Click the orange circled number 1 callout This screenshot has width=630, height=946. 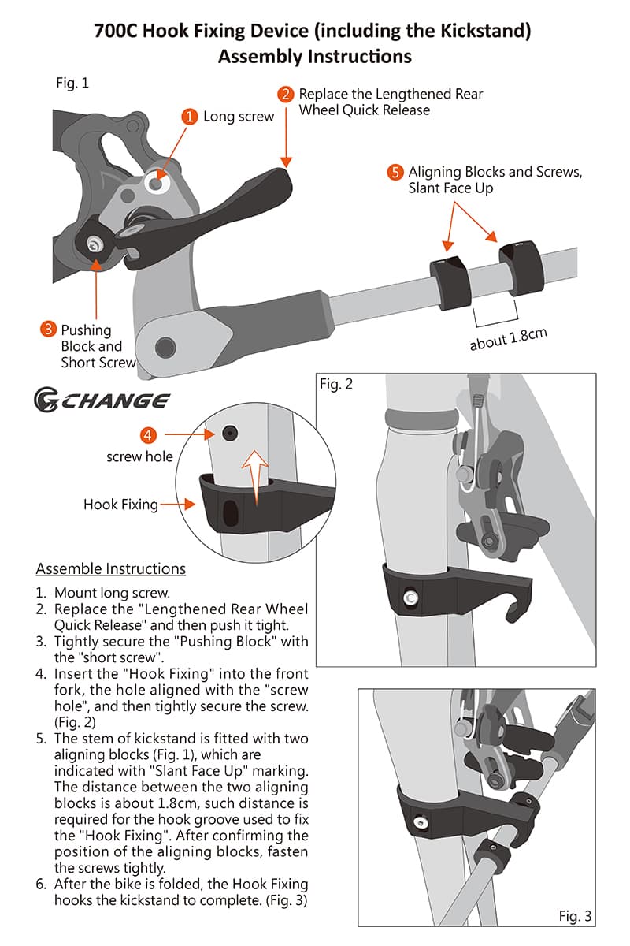(x=190, y=117)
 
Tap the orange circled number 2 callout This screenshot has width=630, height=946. (x=286, y=94)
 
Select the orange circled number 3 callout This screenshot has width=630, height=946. (x=48, y=329)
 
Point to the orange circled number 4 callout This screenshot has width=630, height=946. (x=148, y=435)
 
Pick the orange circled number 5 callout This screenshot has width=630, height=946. (x=395, y=172)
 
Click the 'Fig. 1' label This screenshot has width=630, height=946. (x=72, y=84)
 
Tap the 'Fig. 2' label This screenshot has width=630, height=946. (x=336, y=384)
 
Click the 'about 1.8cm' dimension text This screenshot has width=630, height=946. (x=509, y=339)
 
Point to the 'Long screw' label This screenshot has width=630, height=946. (x=239, y=117)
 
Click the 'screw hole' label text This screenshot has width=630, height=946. (x=139, y=456)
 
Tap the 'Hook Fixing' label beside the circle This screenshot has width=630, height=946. (x=120, y=505)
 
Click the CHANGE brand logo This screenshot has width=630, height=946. (x=102, y=400)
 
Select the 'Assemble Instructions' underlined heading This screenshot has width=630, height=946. (x=110, y=569)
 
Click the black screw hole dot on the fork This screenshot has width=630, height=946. (x=230, y=434)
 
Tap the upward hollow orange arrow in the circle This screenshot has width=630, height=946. (x=255, y=477)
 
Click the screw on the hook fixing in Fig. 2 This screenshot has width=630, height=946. (x=410, y=598)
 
